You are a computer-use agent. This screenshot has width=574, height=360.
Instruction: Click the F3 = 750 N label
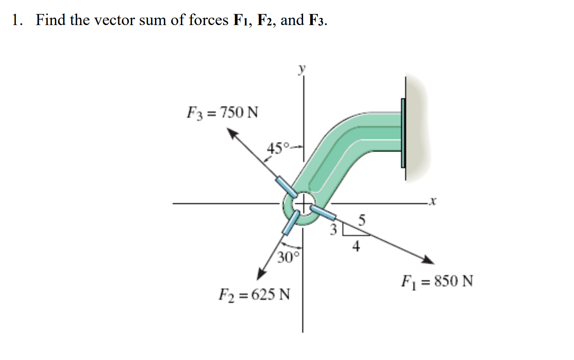tap(222, 113)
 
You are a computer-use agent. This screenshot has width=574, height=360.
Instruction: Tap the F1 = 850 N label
tap(437, 281)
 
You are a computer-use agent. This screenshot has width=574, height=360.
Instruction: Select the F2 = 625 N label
tap(254, 294)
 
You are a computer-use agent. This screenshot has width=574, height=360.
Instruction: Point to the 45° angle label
tap(278, 148)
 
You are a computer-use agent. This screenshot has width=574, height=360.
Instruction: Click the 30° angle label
tap(288, 257)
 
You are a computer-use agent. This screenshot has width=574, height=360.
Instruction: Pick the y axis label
tap(301, 70)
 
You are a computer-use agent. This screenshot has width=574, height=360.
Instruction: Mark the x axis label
tap(432, 202)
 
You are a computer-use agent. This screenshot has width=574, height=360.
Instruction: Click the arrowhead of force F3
tap(233, 134)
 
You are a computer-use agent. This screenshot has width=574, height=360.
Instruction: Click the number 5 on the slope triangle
tap(362, 221)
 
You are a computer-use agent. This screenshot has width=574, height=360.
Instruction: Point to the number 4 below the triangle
tap(356, 246)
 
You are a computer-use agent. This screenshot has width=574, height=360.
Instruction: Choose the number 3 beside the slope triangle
tap(333, 230)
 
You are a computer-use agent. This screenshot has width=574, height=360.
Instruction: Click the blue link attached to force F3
tap(286, 187)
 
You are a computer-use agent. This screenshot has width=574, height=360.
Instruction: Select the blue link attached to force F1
tap(324, 212)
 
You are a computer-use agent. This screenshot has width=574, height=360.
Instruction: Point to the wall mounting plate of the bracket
tap(403, 133)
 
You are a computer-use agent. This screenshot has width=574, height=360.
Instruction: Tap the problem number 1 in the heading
tap(16, 20)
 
